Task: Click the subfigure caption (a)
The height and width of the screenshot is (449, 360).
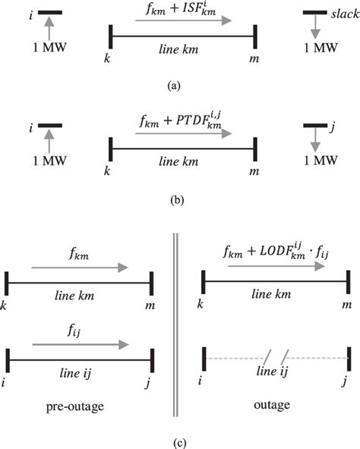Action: (180, 87)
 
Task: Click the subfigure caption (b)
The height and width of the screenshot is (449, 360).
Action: (180, 203)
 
